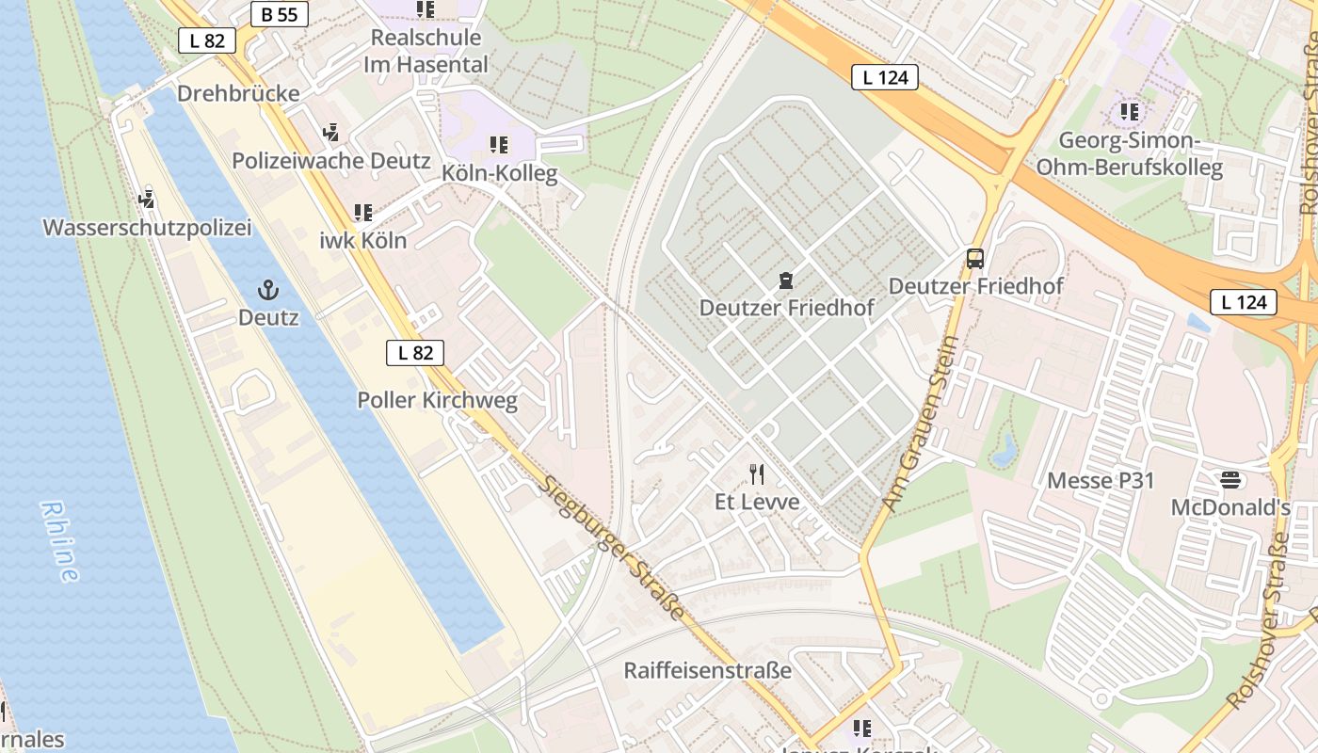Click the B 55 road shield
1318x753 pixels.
pyautogui.click(x=280, y=14)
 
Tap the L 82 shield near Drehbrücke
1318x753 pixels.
pyautogui.click(x=207, y=40)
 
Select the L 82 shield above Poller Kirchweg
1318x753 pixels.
pyautogui.click(x=415, y=353)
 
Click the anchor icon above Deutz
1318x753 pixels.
pyautogui.click(x=268, y=289)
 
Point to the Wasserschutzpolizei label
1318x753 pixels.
pyautogui.click(x=147, y=228)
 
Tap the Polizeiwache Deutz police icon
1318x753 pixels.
pyautogui.click(x=330, y=133)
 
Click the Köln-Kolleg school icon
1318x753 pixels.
pyautogui.click(x=499, y=145)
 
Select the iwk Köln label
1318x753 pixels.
pyautogui.click(x=363, y=240)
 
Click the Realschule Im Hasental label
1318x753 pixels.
pyautogui.click(x=426, y=51)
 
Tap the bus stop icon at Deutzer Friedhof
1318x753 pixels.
pyautogui.click(x=975, y=258)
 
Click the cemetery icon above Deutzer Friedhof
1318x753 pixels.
pyautogui.click(x=786, y=280)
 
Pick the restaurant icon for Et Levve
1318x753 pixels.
pyautogui.click(x=757, y=473)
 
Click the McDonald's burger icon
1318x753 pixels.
pyautogui.click(x=1230, y=480)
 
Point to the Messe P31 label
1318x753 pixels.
pyautogui.click(x=1101, y=480)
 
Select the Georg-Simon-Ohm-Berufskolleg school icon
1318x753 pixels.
pyautogui.click(x=1130, y=112)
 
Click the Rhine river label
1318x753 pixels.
pyautogui.click(x=59, y=541)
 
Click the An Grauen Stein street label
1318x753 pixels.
pyautogui.click(x=922, y=425)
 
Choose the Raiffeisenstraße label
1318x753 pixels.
pyautogui.click(x=707, y=671)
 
